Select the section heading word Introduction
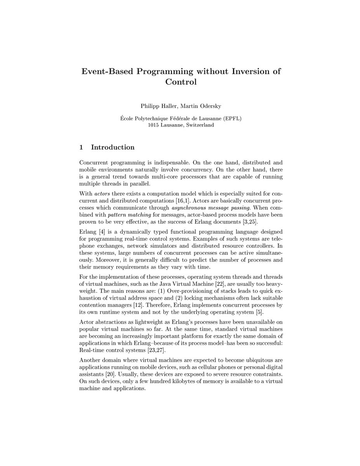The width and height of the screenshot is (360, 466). pos(113,147)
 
